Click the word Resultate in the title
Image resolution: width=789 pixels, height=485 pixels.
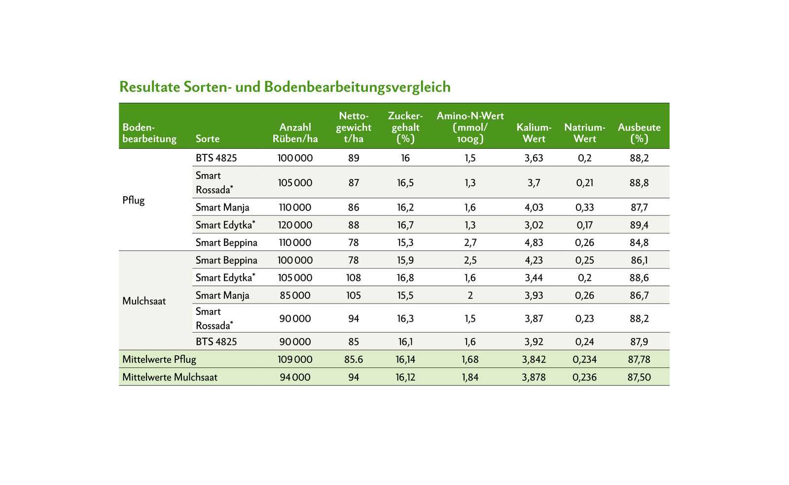(x=149, y=87)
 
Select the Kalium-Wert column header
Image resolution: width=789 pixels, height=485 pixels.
(x=534, y=133)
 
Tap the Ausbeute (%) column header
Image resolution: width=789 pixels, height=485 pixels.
(x=639, y=133)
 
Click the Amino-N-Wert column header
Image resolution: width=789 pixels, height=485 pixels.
(x=470, y=127)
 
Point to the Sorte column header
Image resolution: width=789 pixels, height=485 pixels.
(x=208, y=139)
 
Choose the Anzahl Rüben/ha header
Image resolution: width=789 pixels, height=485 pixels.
(x=295, y=133)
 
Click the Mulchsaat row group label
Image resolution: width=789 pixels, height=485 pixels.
(x=144, y=301)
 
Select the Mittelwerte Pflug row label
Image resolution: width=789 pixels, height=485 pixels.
(x=159, y=359)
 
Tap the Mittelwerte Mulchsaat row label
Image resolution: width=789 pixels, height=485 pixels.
(x=170, y=377)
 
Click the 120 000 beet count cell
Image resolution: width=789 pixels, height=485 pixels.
(x=295, y=225)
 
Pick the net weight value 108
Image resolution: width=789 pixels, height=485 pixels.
(x=354, y=278)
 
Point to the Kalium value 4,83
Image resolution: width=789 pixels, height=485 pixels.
(x=534, y=242)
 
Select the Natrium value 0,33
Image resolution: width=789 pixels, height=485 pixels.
(x=585, y=208)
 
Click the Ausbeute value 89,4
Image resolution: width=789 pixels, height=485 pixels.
(x=640, y=225)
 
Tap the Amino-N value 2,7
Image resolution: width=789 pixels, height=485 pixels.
(x=470, y=242)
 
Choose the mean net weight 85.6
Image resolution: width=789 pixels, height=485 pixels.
(x=354, y=359)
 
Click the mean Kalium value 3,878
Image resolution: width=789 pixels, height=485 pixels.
(x=534, y=377)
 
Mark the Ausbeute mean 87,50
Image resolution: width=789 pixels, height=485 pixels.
(x=640, y=377)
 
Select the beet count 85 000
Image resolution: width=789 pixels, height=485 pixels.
(x=295, y=296)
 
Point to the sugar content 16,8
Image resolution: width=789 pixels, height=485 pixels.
(x=405, y=278)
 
